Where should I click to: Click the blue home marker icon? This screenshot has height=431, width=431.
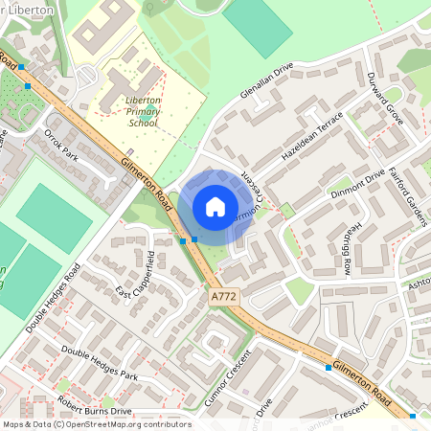point(215,207)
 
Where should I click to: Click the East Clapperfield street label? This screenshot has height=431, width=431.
point(140,276)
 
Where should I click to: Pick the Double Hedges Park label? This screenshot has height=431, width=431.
point(100,363)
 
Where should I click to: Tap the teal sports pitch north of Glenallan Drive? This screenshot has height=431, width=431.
point(257,26)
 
